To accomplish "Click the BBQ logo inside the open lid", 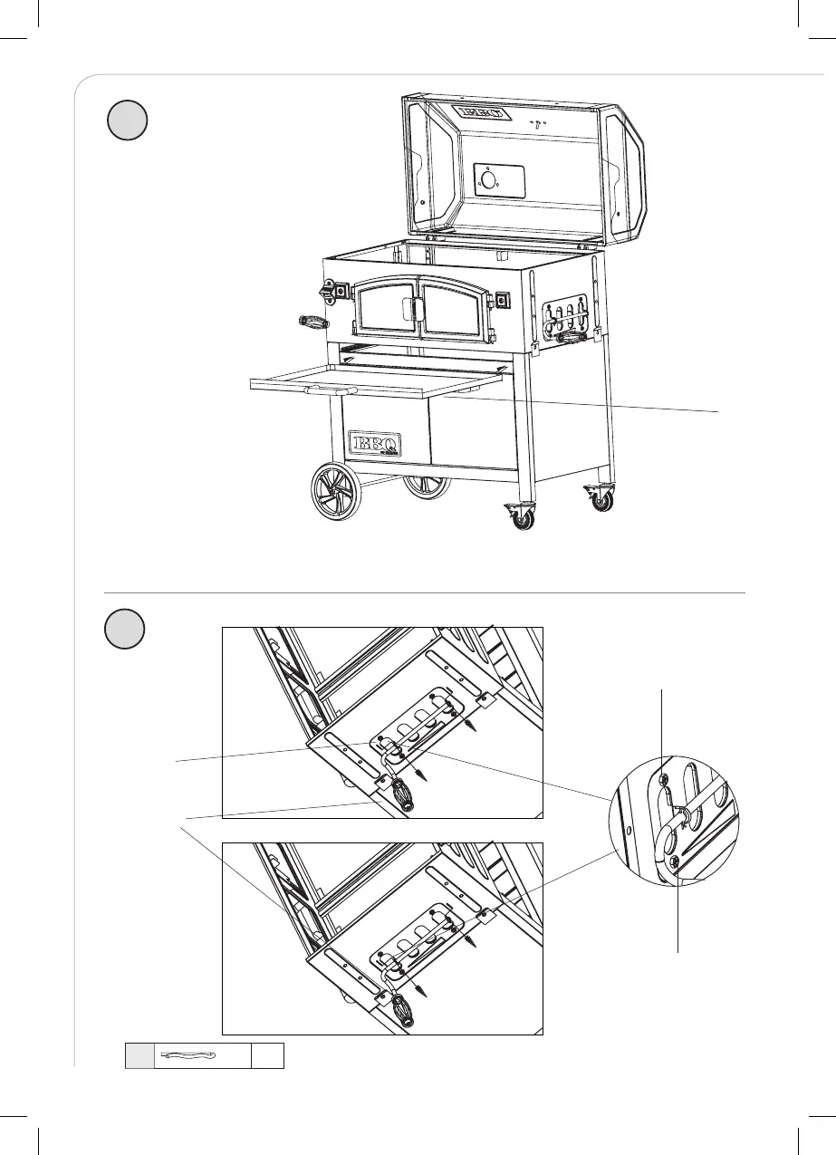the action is click(x=480, y=113).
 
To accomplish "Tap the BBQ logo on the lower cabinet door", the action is click(x=375, y=445).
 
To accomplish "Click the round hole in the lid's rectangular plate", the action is click(x=489, y=179).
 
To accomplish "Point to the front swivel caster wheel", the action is click(x=523, y=515).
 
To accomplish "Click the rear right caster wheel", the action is click(x=601, y=498).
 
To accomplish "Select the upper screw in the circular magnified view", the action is click(x=664, y=779).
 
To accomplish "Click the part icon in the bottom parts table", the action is click(x=189, y=1055).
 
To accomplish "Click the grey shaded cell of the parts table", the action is click(x=139, y=1055).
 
